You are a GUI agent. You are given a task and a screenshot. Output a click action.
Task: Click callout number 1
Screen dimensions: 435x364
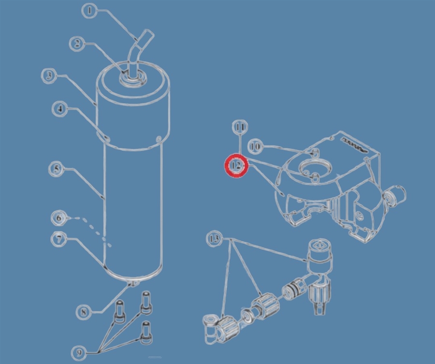[89, 11]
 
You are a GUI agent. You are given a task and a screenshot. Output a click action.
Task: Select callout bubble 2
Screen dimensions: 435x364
[77, 44]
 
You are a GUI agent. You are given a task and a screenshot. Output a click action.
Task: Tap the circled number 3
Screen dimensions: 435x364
[49, 75]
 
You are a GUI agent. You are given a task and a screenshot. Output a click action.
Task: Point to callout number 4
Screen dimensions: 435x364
[59, 109]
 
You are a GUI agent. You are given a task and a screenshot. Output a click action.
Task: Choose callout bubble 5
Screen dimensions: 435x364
[57, 169]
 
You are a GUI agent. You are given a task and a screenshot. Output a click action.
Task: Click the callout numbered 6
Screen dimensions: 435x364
[59, 218]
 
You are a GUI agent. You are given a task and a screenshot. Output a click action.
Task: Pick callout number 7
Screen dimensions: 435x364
[59, 239]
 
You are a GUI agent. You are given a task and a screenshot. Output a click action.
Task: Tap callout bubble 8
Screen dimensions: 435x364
[84, 312]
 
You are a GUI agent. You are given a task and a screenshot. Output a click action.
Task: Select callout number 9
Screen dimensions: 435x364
[79, 353]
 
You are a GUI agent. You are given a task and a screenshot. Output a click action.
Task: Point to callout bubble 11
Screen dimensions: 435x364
[240, 127]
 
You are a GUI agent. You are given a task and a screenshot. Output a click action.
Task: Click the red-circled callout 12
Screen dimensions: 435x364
[236, 166]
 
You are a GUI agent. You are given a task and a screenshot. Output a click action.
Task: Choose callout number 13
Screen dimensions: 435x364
[214, 239]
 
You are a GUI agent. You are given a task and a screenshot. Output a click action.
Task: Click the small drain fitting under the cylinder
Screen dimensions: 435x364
[132, 283]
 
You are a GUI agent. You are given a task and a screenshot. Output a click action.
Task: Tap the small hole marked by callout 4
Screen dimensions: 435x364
[107, 138]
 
